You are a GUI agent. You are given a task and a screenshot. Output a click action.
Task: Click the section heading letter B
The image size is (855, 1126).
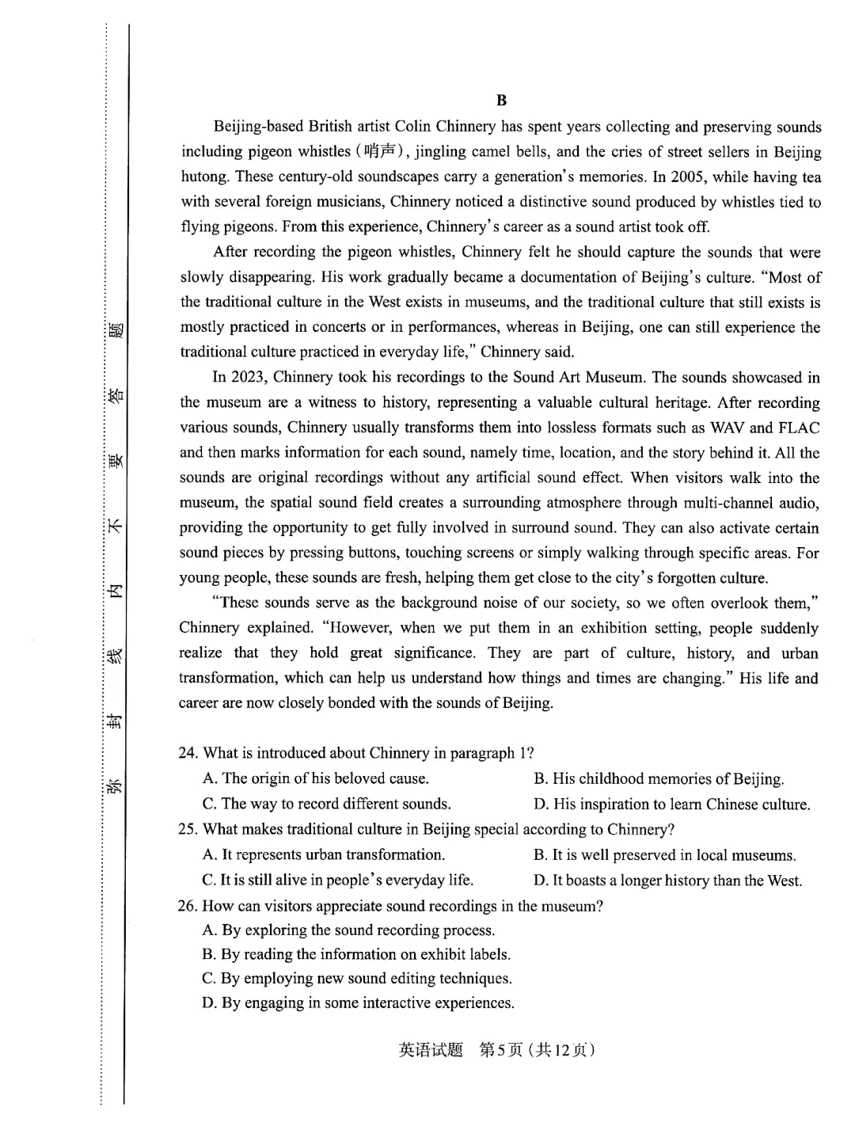501,101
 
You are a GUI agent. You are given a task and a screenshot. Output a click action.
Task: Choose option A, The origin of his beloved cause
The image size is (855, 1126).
316,778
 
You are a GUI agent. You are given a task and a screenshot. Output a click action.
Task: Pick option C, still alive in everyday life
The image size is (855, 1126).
338,880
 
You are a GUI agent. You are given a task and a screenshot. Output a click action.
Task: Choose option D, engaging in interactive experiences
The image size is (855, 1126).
358,1003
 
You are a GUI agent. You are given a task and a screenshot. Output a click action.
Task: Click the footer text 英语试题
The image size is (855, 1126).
431,1051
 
